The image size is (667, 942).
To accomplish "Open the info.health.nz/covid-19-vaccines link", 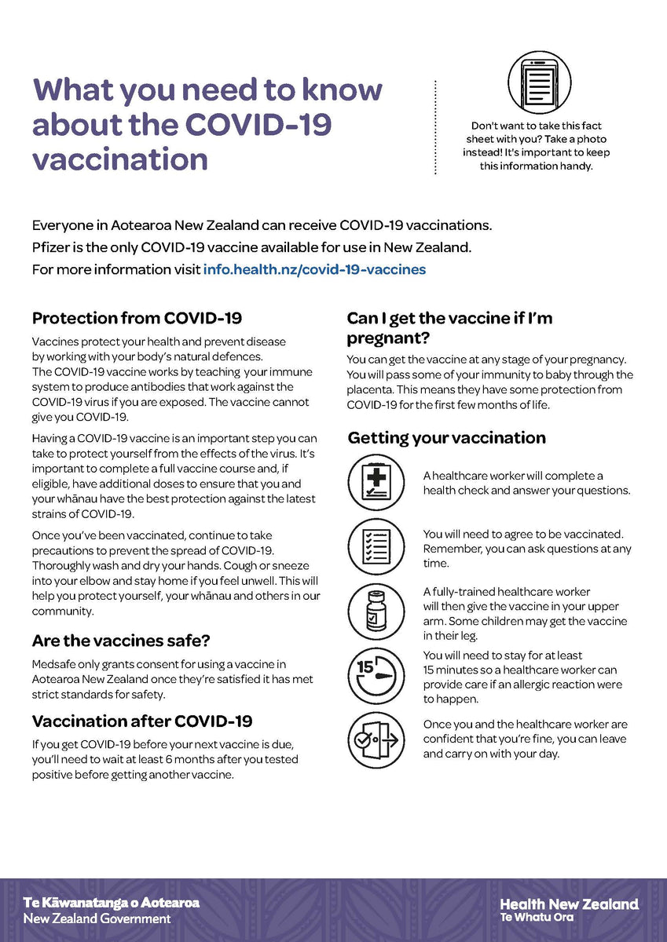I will pyautogui.click(x=314, y=269).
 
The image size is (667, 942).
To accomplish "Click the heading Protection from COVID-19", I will pyautogui.click(x=137, y=318).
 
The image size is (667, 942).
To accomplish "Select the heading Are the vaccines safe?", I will pyautogui.click(x=120, y=641).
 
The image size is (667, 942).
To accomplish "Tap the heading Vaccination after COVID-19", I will pyautogui.click(x=141, y=721).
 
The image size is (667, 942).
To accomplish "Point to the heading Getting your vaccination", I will pyautogui.click(x=446, y=437).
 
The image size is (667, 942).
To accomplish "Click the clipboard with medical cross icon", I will pyautogui.click(x=376, y=483).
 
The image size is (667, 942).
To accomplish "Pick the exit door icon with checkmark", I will pyautogui.click(x=376, y=739).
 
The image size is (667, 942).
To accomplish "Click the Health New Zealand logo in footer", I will pyautogui.click(x=569, y=910).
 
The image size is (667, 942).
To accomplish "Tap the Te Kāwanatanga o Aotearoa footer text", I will pyautogui.click(x=111, y=903).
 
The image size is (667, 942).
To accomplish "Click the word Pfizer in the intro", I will pyautogui.click(x=51, y=247).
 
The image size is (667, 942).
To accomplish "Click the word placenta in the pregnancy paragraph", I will pyautogui.click(x=372, y=389).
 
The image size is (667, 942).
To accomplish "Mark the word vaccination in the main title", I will pyautogui.click(x=120, y=159).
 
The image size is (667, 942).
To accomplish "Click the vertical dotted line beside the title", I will pyautogui.click(x=435, y=126).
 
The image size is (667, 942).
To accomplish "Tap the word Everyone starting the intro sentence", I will pyautogui.click(x=62, y=225).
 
